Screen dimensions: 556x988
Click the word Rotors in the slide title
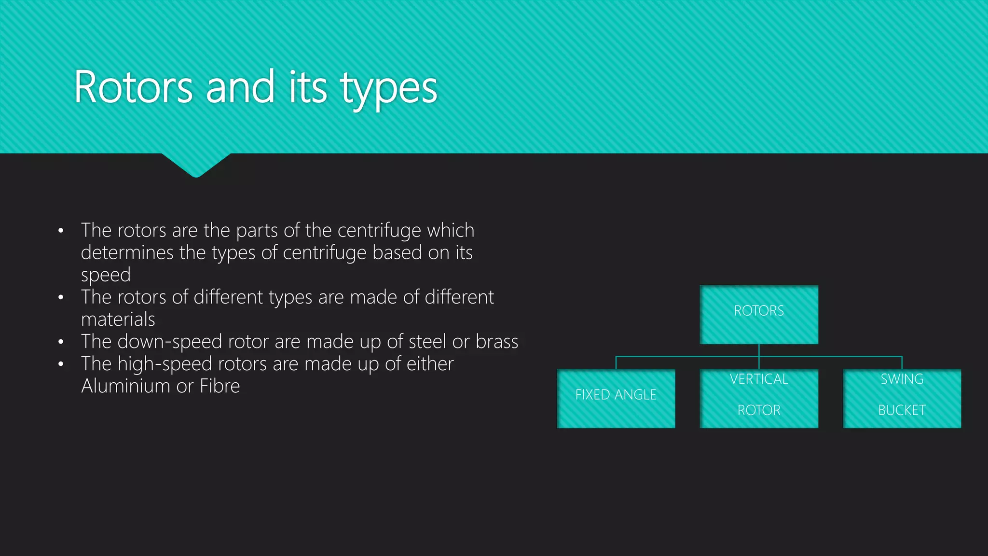click(133, 88)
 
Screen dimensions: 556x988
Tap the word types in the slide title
click(388, 89)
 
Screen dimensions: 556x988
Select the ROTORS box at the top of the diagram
click(759, 314)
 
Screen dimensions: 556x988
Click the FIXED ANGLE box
click(616, 398)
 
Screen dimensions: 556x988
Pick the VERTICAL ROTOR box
click(759, 398)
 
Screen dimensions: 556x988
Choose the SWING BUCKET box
click(902, 398)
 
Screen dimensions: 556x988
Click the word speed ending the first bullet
click(106, 275)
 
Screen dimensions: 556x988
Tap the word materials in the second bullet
click(118, 320)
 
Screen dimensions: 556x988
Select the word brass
click(497, 342)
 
